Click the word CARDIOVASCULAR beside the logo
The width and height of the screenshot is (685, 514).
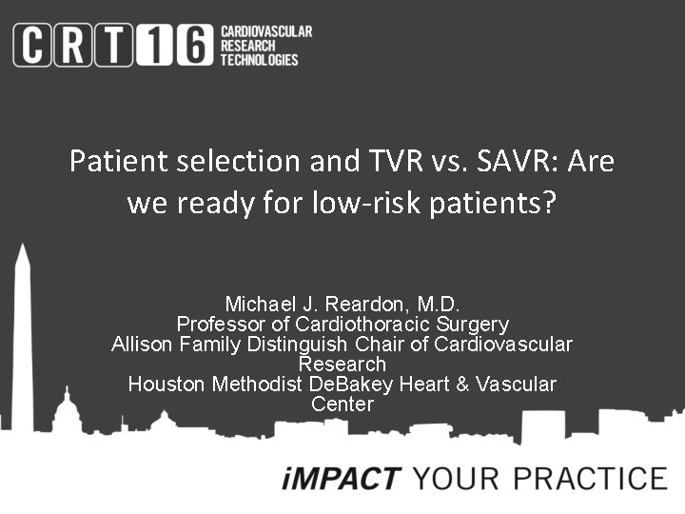point(265,31)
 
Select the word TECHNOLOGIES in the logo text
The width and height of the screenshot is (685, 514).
point(259,59)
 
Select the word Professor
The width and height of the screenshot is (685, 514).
point(218,325)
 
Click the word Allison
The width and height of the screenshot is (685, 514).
point(140,345)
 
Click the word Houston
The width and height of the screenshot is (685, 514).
point(165,385)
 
